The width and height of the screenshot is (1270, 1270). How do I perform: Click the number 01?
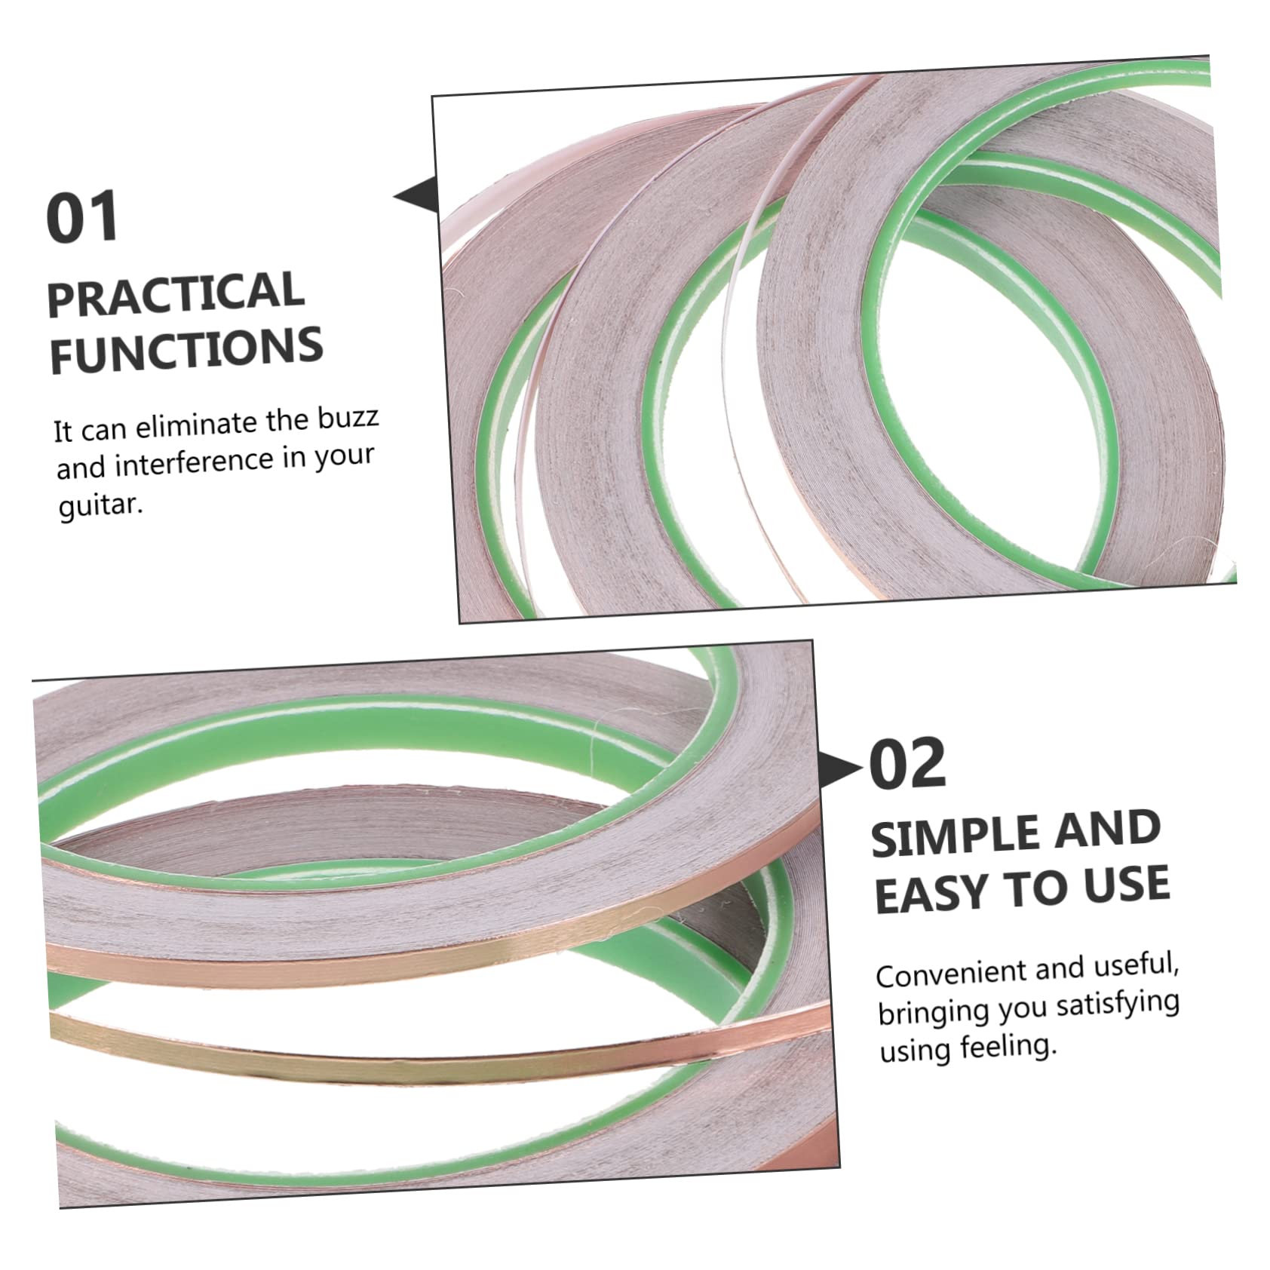coord(83,216)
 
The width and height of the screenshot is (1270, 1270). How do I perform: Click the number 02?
coord(907,764)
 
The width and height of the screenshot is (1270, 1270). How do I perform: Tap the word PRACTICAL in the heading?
coord(176,294)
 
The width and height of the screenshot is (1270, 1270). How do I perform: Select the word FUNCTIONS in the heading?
coord(186,349)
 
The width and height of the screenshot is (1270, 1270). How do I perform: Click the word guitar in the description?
coord(100,505)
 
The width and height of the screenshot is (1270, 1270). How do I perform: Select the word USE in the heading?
coord(1127,884)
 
